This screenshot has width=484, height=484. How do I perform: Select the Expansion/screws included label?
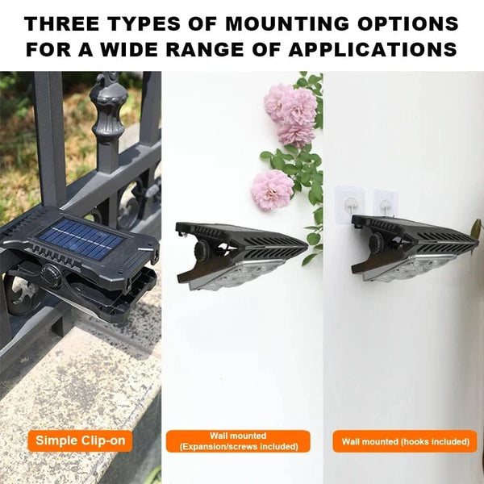238,441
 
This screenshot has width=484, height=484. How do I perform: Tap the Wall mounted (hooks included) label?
405,441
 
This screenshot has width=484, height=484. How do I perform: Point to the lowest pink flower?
272,190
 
